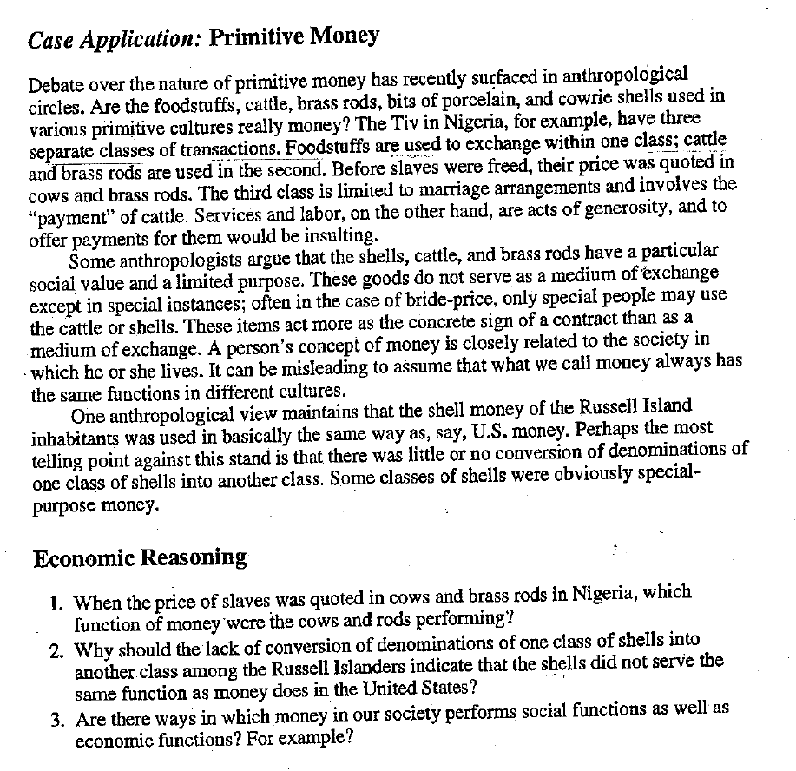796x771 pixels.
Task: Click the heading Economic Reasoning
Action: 140,557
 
